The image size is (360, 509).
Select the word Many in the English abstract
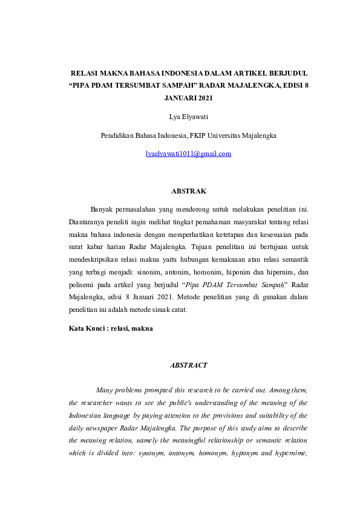click(x=105, y=390)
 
